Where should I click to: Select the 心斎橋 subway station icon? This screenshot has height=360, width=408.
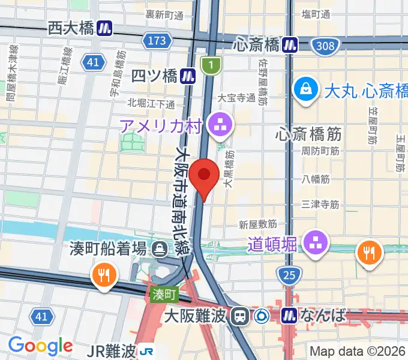291,44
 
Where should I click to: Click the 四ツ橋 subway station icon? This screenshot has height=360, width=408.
189,76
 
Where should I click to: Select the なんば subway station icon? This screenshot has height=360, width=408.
290,315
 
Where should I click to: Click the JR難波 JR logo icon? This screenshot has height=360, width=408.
146,350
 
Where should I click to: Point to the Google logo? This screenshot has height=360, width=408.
40,346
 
